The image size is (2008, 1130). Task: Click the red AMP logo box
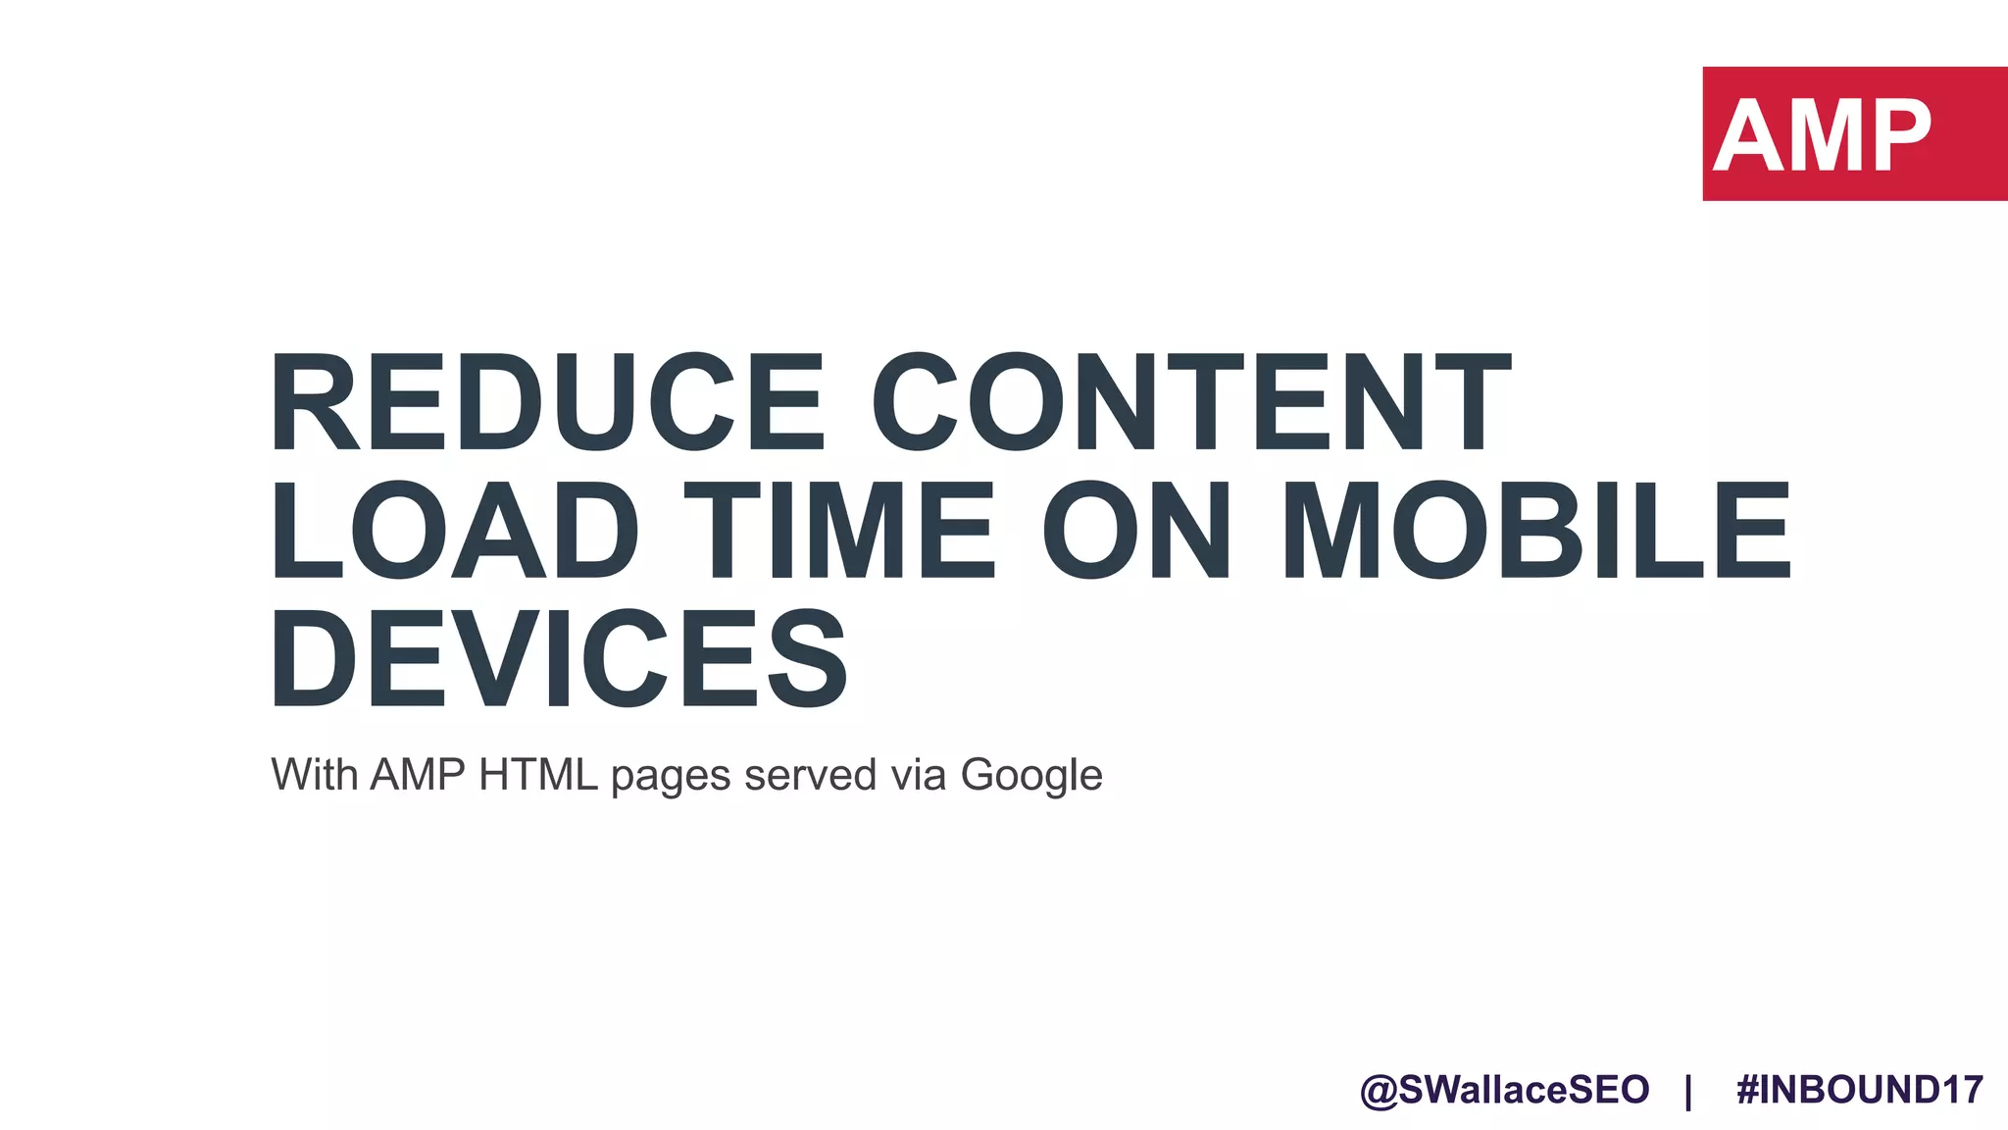click(1854, 133)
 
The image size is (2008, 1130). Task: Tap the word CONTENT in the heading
click(1190, 403)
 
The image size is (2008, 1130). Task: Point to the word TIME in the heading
click(839, 531)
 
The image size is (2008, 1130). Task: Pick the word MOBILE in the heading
click(1536, 531)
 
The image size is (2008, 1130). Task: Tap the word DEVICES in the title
click(559, 658)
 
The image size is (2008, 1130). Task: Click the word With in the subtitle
click(314, 775)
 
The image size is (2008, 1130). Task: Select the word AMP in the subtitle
click(418, 775)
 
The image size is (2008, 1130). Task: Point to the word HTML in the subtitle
click(538, 775)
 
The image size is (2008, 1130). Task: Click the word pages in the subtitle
click(671, 777)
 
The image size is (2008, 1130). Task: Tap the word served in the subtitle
click(810, 775)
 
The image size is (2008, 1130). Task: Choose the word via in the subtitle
click(918, 775)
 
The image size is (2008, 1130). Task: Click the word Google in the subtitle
click(1031, 777)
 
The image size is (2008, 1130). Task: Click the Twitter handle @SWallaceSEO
click(1504, 1090)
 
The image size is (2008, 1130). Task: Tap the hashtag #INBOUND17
click(1859, 1090)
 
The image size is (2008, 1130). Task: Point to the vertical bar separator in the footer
click(1688, 1091)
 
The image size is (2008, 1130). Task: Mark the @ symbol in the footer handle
click(1379, 1091)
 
